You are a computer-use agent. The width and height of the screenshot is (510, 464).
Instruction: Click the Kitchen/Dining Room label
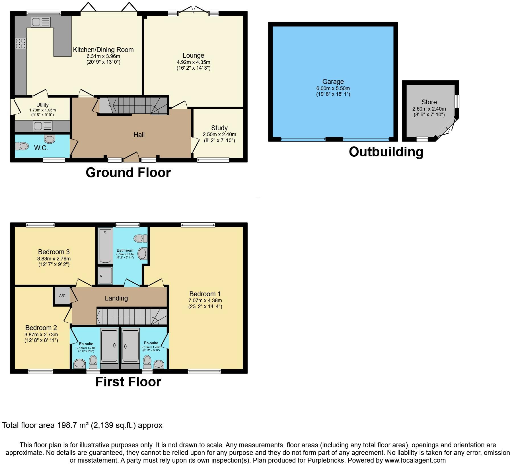pos(103,50)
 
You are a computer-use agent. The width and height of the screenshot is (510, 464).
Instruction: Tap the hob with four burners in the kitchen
pos(21,43)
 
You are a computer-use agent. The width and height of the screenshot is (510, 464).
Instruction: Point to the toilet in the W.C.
pos(22,146)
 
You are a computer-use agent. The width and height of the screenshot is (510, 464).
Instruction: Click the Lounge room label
pos(193,55)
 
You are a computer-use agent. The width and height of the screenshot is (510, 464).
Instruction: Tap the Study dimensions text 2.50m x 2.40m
pos(219,134)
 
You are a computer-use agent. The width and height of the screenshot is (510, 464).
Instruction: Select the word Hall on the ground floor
pos(139,135)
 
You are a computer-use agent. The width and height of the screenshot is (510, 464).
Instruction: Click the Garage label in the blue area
pos(333,82)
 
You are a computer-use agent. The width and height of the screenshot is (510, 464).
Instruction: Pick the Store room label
pos(429,102)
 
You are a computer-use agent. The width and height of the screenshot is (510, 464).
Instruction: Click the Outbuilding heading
pos(386,152)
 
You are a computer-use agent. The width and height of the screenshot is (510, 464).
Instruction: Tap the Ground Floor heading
pos(128,173)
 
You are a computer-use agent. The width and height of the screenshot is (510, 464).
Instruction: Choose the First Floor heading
pos(128,382)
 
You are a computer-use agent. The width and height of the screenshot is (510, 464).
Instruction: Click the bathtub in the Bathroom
pos(105,246)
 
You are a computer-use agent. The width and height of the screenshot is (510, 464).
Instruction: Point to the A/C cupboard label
pos(62,296)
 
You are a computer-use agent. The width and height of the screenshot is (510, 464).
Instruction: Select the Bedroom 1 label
pos(205,294)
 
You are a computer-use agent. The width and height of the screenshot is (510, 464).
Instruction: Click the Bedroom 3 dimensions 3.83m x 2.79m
pos(54,259)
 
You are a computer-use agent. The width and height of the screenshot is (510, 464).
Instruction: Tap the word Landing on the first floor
pos(116,298)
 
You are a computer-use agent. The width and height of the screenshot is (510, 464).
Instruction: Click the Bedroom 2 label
pos(41,328)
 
